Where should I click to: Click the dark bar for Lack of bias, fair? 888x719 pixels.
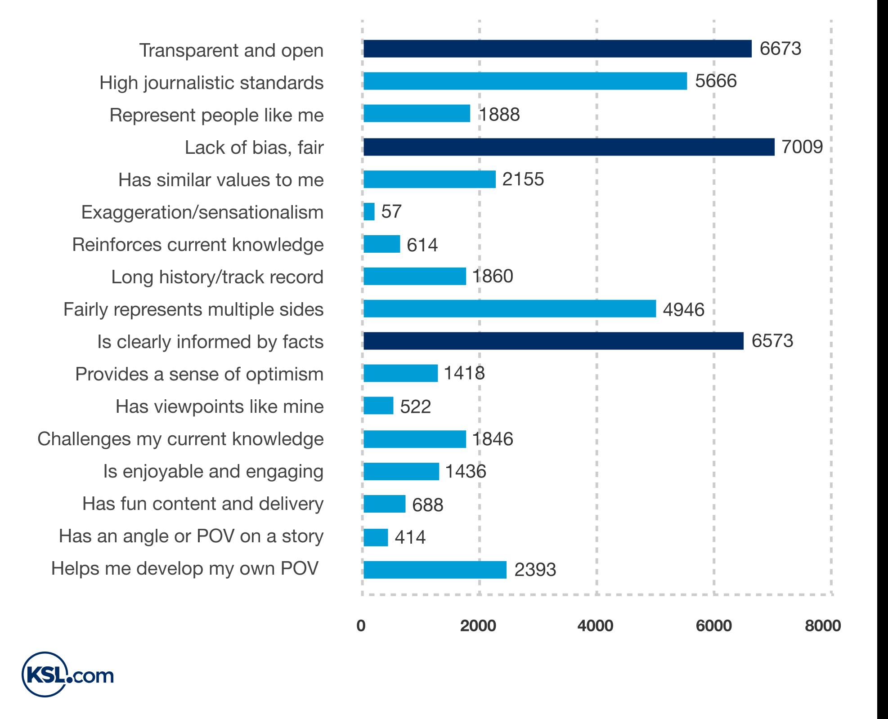tap(569, 147)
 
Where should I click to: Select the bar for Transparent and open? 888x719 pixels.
tap(557, 49)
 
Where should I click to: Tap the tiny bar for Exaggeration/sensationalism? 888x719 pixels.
tap(369, 211)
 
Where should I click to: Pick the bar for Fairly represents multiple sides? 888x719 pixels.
tap(509, 309)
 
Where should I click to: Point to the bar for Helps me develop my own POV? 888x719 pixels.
tap(435, 570)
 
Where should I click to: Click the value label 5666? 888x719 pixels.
tap(716, 81)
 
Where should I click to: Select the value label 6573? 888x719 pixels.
tap(772, 341)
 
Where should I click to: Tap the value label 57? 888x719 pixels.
tap(391, 211)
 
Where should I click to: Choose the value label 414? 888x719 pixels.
tap(410, 537)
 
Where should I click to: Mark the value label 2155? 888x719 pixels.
tap(523, 179)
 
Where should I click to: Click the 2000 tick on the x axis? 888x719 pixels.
tap(478, 626)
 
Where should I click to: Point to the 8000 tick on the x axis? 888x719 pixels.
tap(822, 626)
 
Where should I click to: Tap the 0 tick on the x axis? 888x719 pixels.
tap(361, 626)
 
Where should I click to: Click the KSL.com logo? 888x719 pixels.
tap(67, 675)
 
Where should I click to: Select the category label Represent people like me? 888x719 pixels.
tap(216, 115)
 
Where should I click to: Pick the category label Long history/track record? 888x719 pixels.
tap(217, 277)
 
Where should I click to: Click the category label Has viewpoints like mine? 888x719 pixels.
tap(220, 406)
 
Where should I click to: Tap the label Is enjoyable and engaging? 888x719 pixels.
tap(213, 471)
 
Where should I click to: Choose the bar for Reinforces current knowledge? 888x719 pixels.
tap(381, 244)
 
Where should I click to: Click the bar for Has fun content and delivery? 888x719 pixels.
tap(384, 504)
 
